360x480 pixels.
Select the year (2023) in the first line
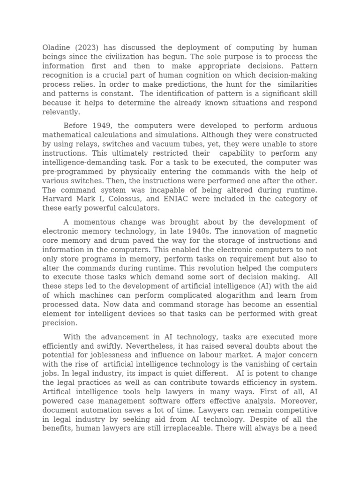(88, 48)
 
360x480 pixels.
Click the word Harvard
(59, 199)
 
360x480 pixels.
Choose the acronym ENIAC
(179, 199)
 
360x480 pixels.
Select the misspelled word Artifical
(60, 392)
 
